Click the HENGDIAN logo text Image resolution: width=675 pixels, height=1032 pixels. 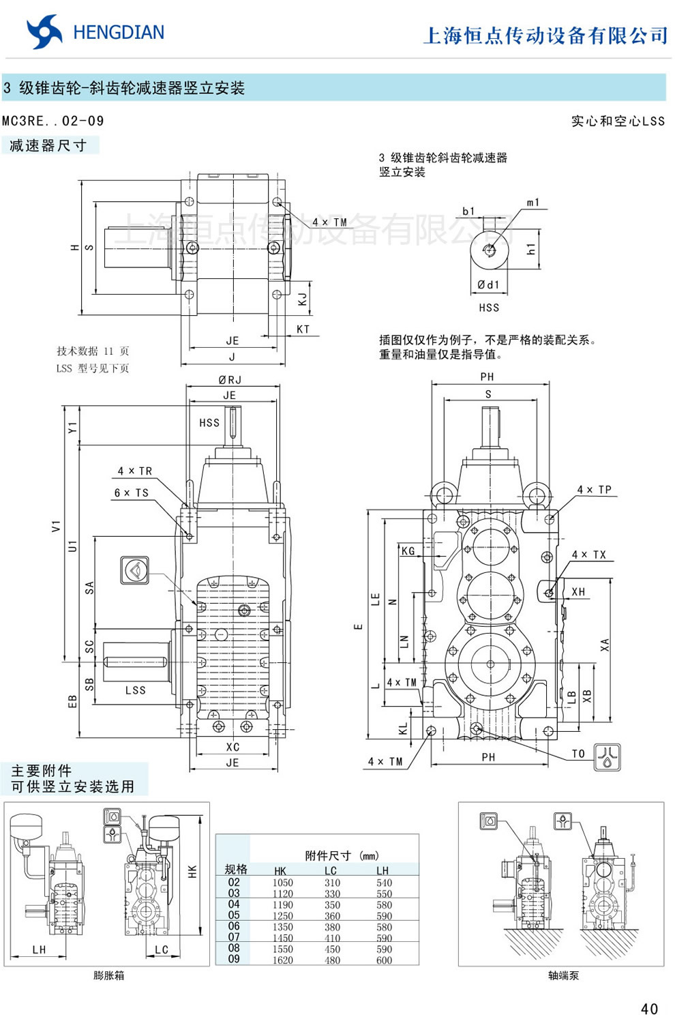(118, 33)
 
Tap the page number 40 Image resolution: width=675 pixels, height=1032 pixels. (649, 1009)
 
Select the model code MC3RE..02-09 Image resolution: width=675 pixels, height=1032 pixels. (53, 121)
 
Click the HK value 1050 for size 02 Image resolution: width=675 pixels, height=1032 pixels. (282, 883)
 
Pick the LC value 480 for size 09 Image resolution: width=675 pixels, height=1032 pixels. (332, 960)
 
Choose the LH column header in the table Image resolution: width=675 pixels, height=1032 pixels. (382, 870)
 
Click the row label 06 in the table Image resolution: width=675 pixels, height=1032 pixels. (234, 926)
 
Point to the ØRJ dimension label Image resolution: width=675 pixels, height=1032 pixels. (230, 380)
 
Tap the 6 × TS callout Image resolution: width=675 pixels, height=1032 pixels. (132, 492)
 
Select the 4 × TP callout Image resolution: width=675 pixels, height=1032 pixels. (595, 490)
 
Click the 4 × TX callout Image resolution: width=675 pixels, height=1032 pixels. (589, 555)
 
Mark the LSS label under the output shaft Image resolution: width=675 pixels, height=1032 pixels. (136, 690)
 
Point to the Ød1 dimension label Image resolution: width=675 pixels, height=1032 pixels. (488, 284)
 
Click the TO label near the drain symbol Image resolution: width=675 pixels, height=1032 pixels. (578, 754)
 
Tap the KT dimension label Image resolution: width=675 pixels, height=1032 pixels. (303, 329)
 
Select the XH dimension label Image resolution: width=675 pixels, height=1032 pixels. (578, 592)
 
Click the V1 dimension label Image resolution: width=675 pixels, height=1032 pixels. (56, 527)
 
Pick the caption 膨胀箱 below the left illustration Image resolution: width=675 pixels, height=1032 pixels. (109, 975)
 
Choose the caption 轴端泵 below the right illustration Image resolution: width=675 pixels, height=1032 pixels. (563, 975)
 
